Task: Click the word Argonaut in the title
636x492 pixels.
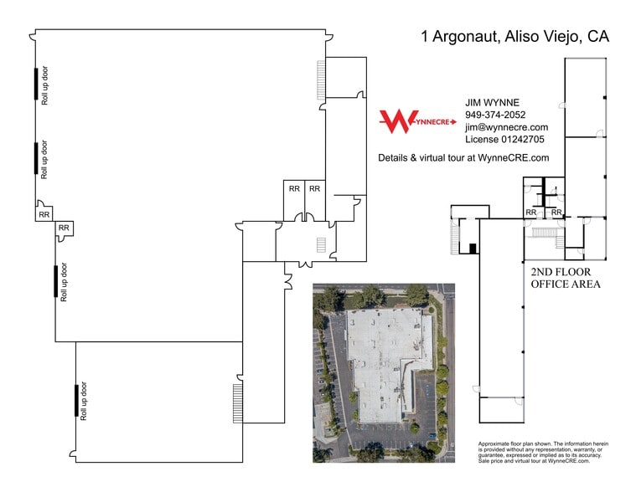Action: tap(469, 37)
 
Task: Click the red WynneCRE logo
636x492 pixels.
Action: tap(414, 122)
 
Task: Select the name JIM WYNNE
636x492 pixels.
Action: tap(492, 103)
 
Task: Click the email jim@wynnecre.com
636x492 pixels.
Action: tap(506, 128)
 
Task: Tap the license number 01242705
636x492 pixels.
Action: tap(523, 140)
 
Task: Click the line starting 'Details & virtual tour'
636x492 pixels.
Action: tap(463, 157)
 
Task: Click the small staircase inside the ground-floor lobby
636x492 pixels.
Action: tap(320, 245)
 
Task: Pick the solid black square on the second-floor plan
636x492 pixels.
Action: tap(473, 248)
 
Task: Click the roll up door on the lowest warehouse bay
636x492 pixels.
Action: tap(77, 401)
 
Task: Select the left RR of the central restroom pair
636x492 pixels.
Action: tap(294, 189)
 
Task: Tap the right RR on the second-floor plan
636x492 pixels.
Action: tap(556, 213)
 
